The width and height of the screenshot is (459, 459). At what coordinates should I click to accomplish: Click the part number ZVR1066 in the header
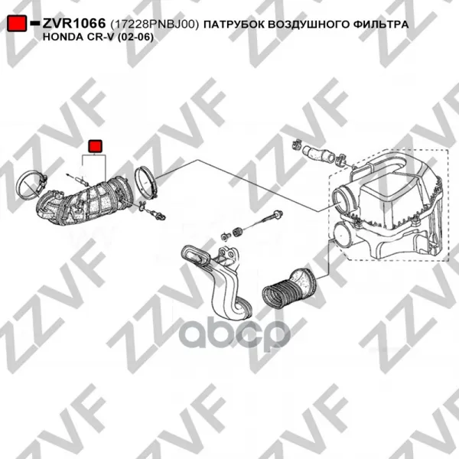(x=74, y=23)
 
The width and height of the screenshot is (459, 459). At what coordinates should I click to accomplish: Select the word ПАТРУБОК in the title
(x=233, y=24)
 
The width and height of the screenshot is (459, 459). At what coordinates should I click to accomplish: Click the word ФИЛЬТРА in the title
(x=380, y=24)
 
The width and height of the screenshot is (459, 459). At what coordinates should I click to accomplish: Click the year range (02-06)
(x=135, y=37)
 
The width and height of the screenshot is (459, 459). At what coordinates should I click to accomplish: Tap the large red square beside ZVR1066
(x=17, y=23)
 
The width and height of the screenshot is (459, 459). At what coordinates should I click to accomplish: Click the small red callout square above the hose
(x=95, y=146)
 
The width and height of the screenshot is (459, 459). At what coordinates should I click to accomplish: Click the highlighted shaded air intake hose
(x=85, y=203)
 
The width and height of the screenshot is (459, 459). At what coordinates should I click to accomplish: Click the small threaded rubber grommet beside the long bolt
(x=237, y=231)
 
